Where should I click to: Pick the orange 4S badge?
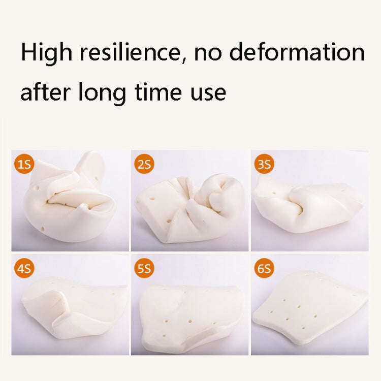[24, 268]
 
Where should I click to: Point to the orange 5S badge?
[144, 268]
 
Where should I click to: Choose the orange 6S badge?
[264, 268]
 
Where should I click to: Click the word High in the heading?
[47, 53]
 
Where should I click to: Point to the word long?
[102, 93]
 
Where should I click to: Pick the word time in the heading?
[158, 91]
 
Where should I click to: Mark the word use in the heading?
[208, 94]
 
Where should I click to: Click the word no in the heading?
[208, 54]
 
